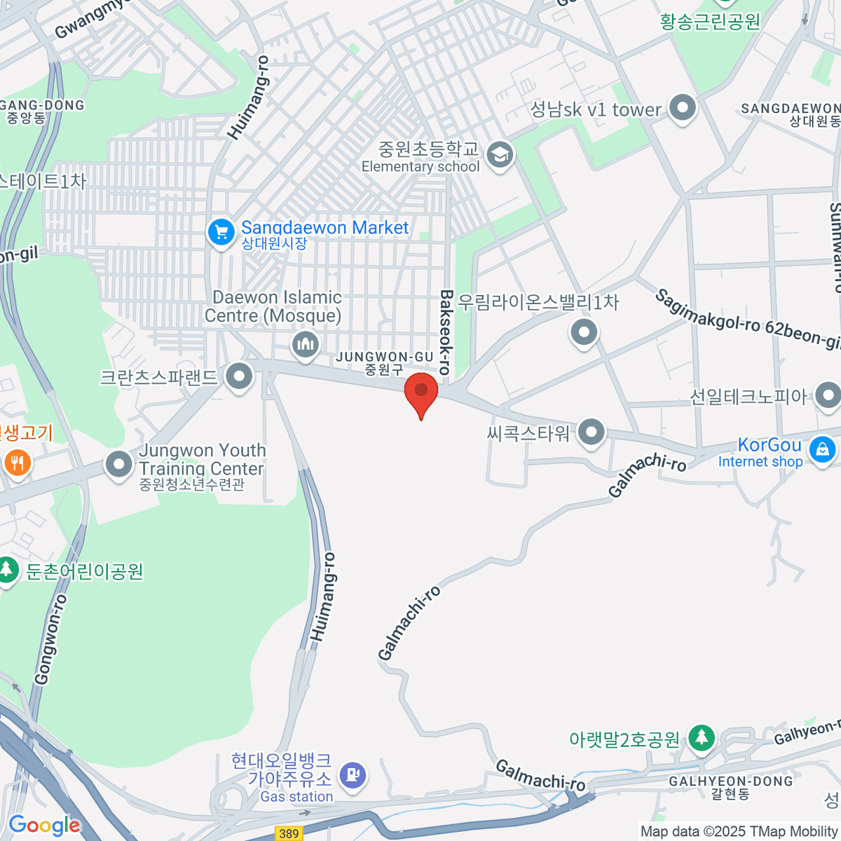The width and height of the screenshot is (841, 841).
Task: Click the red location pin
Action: [421, 392]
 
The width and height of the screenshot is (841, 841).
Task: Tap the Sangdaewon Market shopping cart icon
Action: [221, 232]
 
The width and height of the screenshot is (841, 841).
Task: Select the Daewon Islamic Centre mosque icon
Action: [305, 345]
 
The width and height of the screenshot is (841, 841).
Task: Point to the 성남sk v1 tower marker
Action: [682, 108]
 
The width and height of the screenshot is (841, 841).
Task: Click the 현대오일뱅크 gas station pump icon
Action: [353, 774]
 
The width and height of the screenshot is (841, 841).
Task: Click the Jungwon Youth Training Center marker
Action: [118, 463]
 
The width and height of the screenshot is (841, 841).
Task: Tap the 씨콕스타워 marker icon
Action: [592, 432]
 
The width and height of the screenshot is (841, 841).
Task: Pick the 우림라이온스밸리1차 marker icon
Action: [584, 331]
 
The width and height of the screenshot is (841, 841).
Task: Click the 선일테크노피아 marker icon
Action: [828, 396]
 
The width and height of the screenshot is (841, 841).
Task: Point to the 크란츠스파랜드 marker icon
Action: [240, 376]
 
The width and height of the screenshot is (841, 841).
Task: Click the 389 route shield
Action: [289, 833]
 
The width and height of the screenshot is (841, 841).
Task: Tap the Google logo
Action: [44, 825]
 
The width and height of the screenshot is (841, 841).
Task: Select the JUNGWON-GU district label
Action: [385, 362]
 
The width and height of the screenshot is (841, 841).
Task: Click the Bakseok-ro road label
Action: [446, 331]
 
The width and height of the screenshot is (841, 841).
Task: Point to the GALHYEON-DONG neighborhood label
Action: [731, 787]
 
